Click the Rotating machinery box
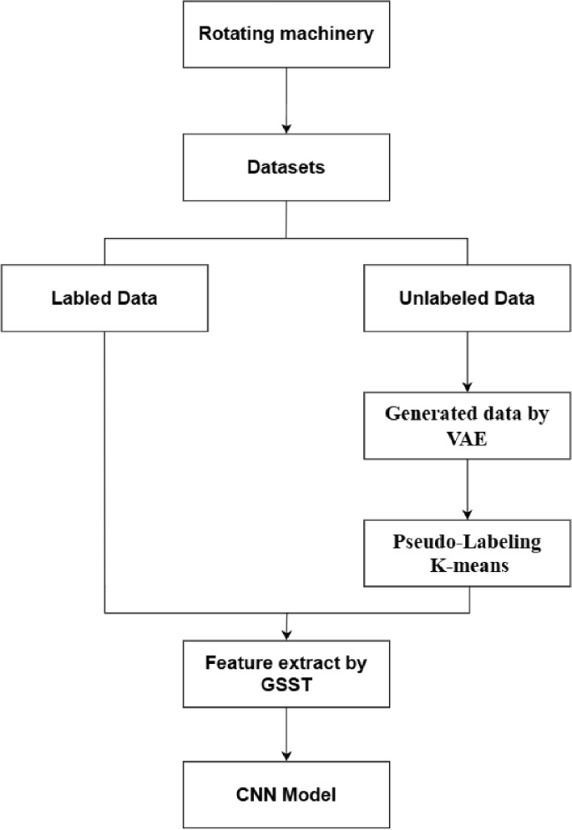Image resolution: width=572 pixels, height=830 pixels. (x=286, y=35)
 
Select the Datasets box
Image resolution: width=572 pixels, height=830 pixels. (x=286, y=167)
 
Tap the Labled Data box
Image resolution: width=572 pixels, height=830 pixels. (x=104, y=297)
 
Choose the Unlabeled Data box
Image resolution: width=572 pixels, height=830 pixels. (x=467, y=297)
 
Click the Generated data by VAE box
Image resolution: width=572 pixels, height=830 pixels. (x=467, y=425)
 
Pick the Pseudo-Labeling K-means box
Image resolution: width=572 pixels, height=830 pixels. (x=467, y=553)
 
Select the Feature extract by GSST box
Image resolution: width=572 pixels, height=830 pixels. (x=286, y=671)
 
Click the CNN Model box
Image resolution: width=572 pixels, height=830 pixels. (x=286, y=795)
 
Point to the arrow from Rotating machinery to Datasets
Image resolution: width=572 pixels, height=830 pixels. (x=286, y=100)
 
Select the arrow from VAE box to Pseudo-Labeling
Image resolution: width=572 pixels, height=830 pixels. (x=467, y=488)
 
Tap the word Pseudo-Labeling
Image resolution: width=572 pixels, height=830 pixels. (x=467, y=542)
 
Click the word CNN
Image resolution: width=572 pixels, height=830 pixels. (x=254, y=795)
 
